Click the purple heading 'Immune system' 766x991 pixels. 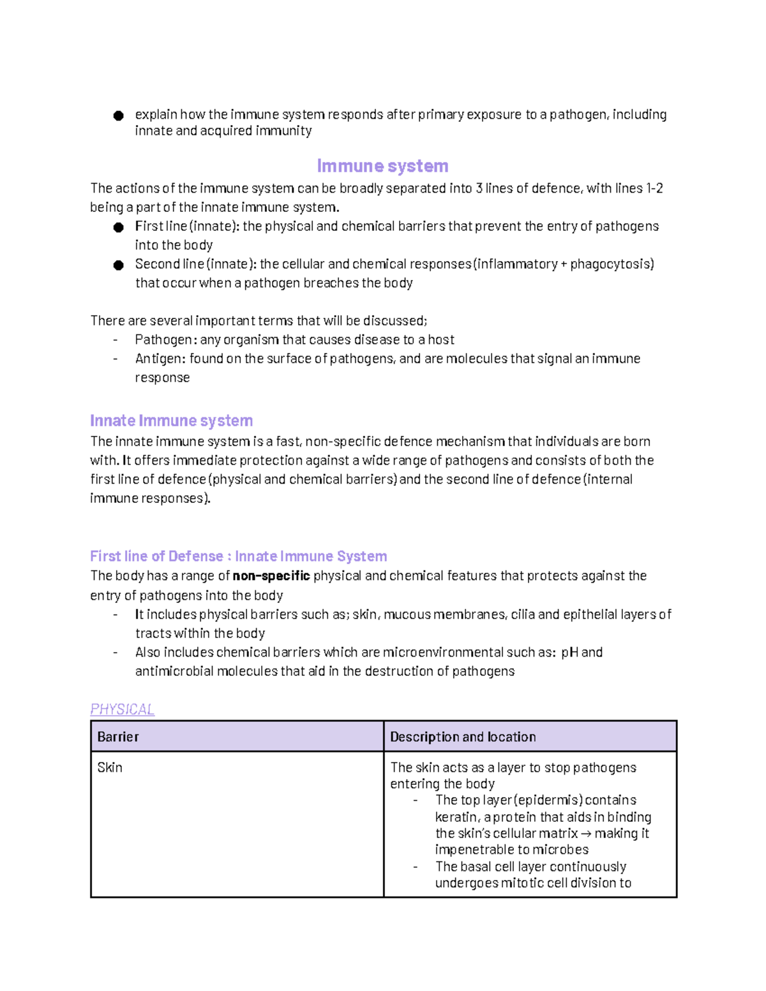click(382, 166)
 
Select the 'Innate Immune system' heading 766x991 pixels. click(171, 421)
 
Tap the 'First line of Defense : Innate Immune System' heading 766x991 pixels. click(238, 556)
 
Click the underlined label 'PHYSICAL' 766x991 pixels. click(122, 709)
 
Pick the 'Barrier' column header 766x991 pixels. click(118, 736)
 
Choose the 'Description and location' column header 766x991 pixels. click(463, 736)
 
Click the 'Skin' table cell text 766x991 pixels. click(110, 767)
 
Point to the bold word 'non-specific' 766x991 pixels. click(271, 576)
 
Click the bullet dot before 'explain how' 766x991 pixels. click(118, 115)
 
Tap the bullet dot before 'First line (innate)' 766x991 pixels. click(118, 227)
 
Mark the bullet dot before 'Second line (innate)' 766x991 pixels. click(118, 265)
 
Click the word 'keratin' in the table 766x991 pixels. click(456, 817)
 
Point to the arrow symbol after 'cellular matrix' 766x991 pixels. click(585, 833)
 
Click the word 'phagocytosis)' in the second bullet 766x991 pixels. click(612, 264)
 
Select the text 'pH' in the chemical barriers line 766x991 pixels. click(569, 652)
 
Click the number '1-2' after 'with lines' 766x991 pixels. click(654, 188)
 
